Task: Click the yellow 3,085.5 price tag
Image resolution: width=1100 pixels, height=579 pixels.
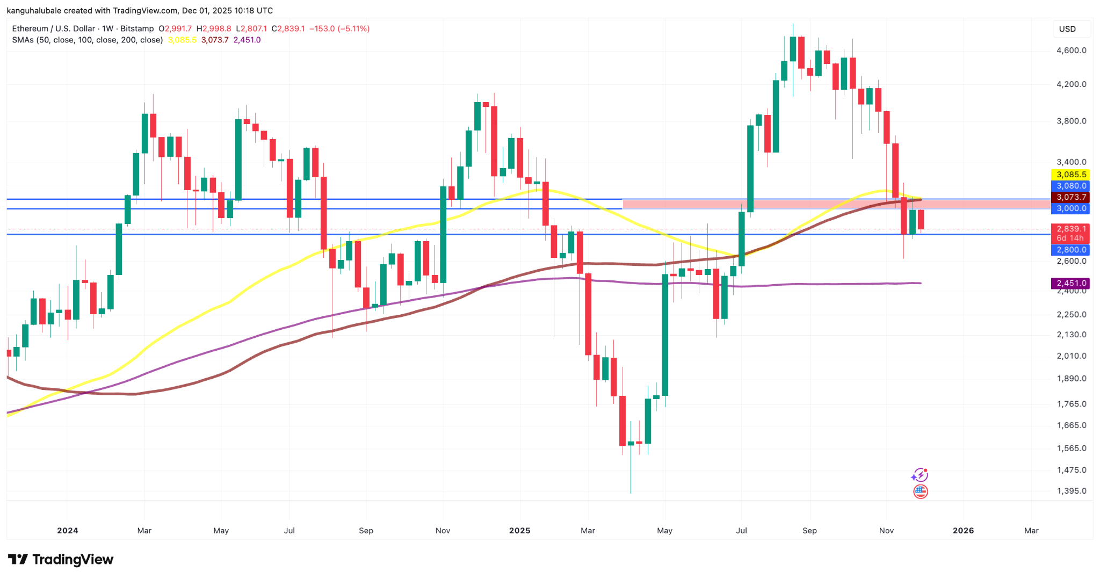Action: click(1070, 175)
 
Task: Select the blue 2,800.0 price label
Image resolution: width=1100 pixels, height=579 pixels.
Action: click(1070, 250)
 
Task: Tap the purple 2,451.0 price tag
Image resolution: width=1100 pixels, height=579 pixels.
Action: click(1070, 283)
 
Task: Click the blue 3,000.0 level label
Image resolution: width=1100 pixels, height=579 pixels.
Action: click(1070, 208)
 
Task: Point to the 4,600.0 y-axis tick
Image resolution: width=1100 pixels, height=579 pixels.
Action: click(1071, 50)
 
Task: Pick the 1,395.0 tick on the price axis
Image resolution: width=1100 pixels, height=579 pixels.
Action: click(1071, 491)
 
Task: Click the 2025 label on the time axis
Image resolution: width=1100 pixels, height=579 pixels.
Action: click(519, 531)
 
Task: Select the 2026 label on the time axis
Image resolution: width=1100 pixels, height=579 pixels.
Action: click(963, 531)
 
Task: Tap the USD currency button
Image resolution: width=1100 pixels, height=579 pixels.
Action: click(1067, 29)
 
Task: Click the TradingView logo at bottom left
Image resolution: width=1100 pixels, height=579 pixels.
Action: click(61, 560)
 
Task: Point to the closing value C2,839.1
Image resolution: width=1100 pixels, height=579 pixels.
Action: click(288, 28)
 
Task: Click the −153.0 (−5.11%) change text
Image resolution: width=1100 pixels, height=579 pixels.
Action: click(339, 28)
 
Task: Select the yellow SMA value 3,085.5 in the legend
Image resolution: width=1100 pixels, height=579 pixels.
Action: click(182, 40)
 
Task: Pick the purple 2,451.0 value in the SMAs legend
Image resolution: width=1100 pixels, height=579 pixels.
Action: click(247, 40)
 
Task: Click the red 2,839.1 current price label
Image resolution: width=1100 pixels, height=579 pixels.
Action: click(1070, 229)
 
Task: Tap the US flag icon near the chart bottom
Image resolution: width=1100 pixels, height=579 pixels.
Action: click(921, 491)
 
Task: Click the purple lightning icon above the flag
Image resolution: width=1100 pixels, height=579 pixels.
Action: click(920, 475)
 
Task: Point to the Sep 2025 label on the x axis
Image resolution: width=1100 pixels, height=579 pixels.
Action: click(809, 531)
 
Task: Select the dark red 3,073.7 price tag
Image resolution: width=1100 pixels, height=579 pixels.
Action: click(1070, 197)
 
